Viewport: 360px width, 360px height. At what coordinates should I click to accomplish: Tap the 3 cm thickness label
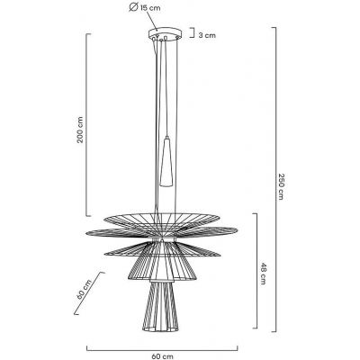coord(208,36)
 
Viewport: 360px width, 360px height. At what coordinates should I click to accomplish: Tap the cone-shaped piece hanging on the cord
coord(168,161)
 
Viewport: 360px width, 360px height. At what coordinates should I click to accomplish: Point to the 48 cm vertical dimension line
coord(256,272)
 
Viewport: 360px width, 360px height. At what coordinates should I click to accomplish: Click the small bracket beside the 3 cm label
coord(193,35)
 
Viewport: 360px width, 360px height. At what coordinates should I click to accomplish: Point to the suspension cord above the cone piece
coord(168,90)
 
